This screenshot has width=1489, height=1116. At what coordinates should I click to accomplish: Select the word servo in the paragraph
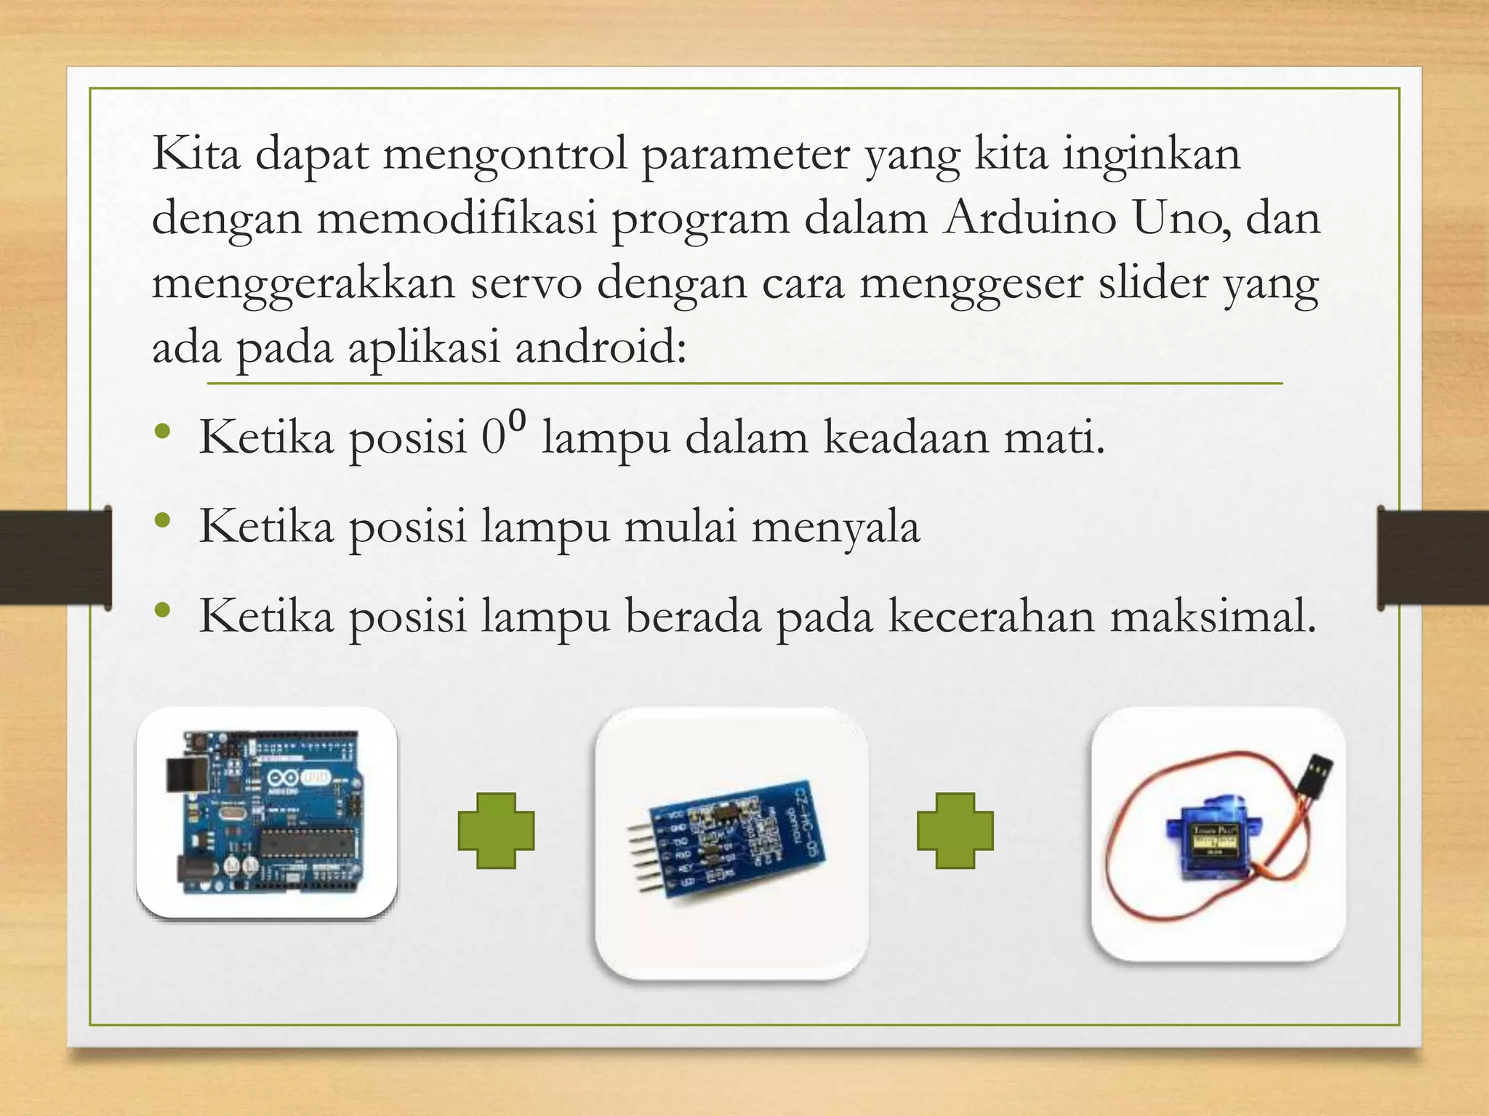click(x=526, y=283)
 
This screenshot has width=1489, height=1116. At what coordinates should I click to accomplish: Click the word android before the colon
click(x=601, y=347)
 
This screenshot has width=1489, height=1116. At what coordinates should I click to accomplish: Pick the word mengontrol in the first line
click(x=505, y=155)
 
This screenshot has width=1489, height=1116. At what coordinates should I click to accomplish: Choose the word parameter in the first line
click(x=745, y=155)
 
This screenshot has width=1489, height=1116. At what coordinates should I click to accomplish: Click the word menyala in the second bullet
click(x=835, y=527)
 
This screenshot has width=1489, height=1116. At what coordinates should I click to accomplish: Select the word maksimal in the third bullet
click(x=1213, y=617)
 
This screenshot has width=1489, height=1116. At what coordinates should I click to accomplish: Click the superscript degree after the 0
click(x=517, y=419)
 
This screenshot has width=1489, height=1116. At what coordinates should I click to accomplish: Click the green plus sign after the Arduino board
click(x=496, y=830)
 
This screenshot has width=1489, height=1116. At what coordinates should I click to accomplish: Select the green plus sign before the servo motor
click(x=955, y=830)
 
